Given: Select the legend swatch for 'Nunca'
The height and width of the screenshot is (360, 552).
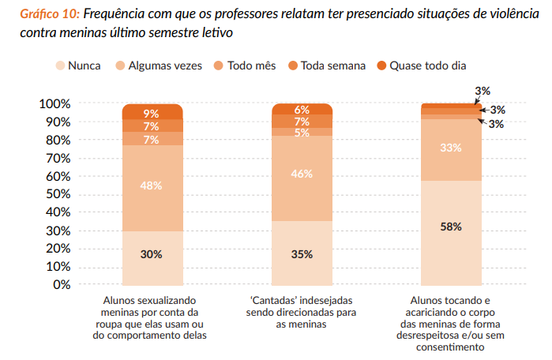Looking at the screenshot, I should (x=60, y=66).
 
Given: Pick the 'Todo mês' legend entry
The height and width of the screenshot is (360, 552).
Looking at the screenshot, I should (x=244, y=66).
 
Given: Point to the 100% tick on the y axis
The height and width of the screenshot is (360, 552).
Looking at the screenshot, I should (x=54, y=104).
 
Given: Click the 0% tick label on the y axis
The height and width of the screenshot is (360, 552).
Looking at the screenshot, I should (x=61, y=284).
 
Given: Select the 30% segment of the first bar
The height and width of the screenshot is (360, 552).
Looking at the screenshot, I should (x=152, y=254).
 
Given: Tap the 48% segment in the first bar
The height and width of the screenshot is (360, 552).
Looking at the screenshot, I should (x=152, y=186).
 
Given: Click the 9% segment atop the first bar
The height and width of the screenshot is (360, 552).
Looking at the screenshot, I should (x=152, y=114).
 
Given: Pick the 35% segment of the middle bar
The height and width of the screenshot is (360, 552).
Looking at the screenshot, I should (x=302, y=254).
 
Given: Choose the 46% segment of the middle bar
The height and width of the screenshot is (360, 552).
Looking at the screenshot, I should (x=302, y=175).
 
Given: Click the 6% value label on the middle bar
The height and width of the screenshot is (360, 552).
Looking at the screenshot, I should (x=302, y=110).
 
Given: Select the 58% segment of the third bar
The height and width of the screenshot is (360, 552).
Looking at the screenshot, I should (x=451, y=227).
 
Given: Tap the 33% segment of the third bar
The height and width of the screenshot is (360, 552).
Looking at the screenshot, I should (x=451, y=148).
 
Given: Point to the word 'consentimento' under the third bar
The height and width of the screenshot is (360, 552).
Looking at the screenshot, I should (x=451, y=346).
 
